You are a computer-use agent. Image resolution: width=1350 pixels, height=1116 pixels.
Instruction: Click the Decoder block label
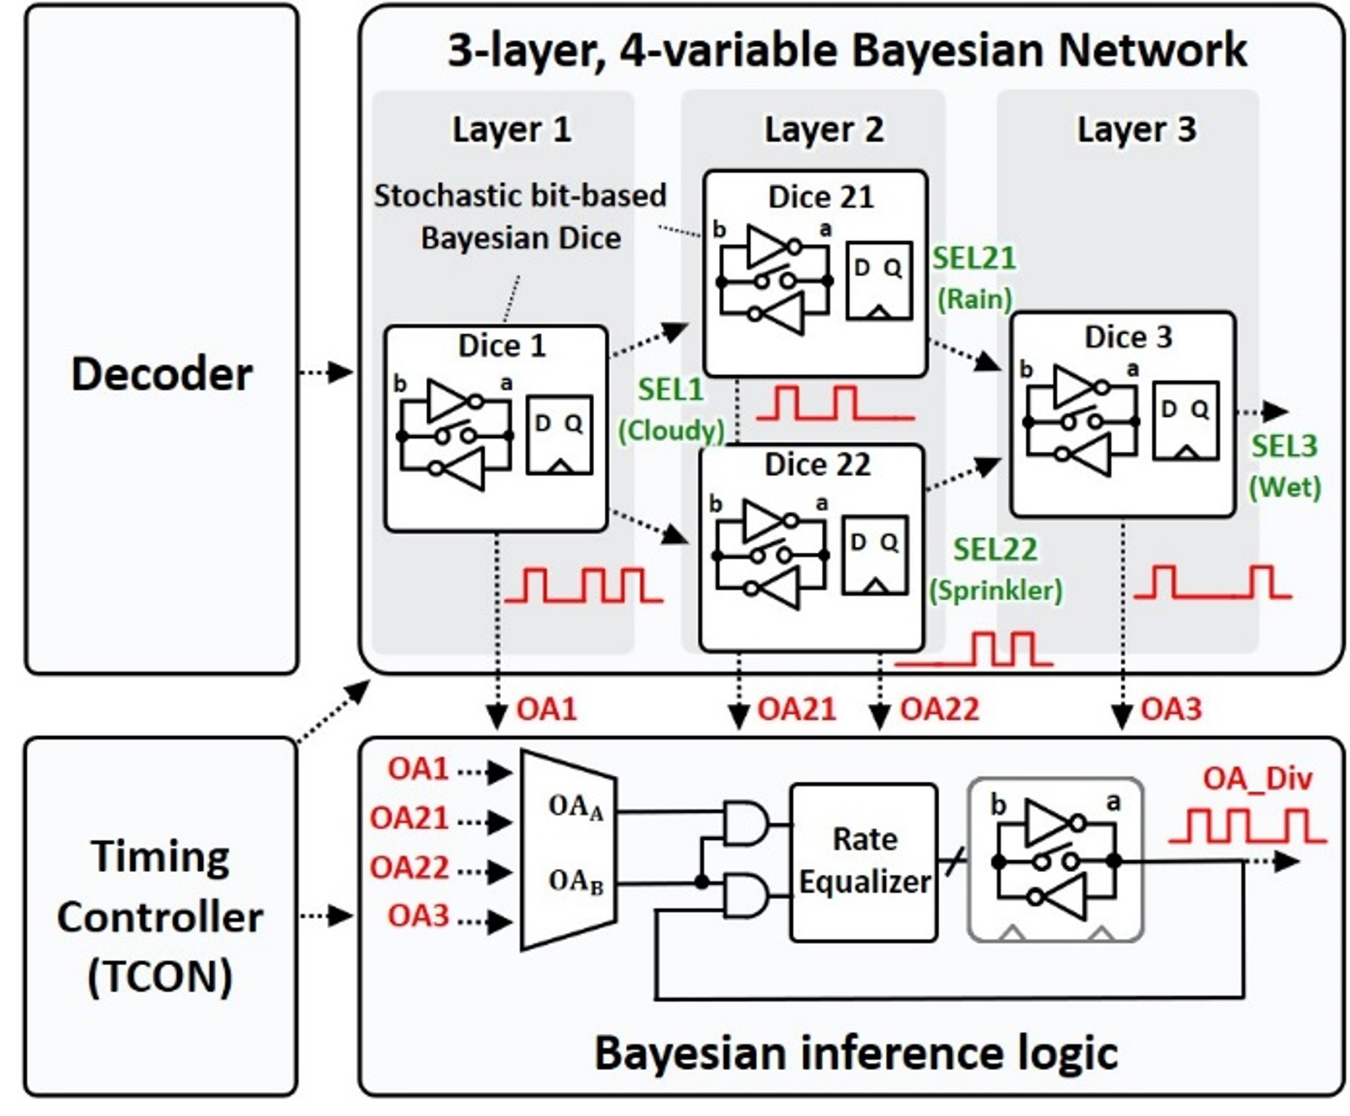click(x=161, y=374)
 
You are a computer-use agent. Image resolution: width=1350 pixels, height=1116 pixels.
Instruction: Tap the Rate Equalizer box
click(x=863, y=862)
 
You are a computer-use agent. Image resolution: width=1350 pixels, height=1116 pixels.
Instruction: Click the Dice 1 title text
click(x=501, y=346)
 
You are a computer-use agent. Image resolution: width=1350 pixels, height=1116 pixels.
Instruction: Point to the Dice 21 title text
click(x=821, y=197)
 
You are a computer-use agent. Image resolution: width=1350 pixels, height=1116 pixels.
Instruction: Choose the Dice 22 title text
click(x=817, y=465)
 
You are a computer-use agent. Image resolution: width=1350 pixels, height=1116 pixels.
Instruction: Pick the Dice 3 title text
click(x=1128, y=337)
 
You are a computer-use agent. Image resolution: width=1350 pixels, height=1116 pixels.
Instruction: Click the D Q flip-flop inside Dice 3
click(x=1185, y=421)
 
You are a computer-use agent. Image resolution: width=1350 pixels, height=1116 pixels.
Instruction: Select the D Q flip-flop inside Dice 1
click(x=558, y=434)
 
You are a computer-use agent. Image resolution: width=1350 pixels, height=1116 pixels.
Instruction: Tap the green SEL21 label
click(x=974, y=258)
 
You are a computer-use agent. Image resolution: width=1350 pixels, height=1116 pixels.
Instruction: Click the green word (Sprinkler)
click(x=996, y=590)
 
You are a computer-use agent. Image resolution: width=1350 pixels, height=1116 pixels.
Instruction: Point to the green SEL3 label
click(x=1284, y=445)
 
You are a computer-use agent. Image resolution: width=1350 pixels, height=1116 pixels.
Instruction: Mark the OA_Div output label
click(x=1257, y=779)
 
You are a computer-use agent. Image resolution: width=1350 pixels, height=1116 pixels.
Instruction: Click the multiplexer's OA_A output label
click(x=576, y=807)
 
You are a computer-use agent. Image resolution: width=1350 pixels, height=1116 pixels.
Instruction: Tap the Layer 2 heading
click(x=824, y=130)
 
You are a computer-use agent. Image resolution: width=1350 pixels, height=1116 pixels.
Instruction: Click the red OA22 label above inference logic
click(x=939, y=709)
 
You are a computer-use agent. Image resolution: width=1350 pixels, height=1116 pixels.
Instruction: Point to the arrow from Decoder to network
click(x=327, y=373)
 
